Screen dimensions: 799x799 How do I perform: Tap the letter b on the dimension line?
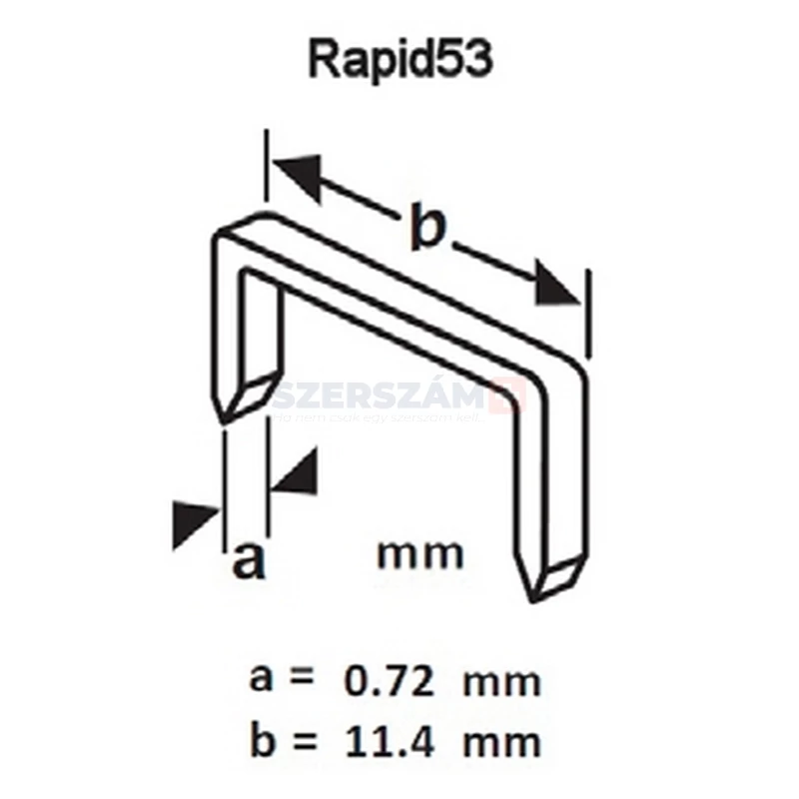tap(426, 228)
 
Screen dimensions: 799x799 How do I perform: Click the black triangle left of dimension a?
tap(195, 522)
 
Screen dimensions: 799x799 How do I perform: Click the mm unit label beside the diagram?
tap(420, 552)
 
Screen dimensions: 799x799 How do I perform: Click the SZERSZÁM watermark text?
tap(390, 397)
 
